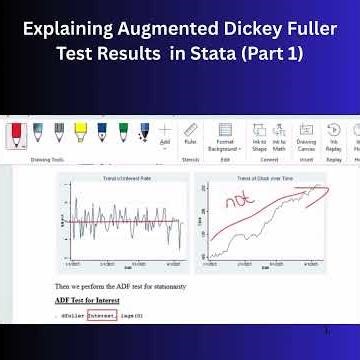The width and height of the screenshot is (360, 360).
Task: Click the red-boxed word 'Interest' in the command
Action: (101, 316)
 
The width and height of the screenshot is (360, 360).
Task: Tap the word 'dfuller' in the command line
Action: (71, 316)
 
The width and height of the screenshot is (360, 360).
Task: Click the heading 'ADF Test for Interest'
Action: (88, 300)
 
